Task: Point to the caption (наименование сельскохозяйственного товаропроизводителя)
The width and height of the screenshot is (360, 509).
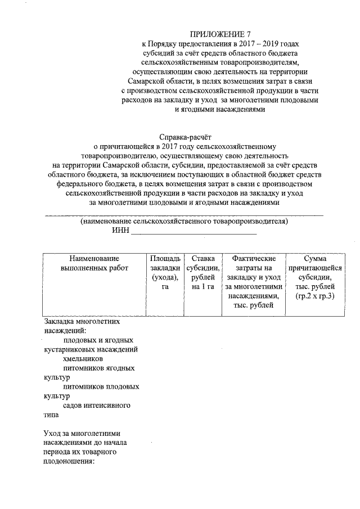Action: click(184, 222)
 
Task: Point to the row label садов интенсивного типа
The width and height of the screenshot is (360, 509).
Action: click(87, 410)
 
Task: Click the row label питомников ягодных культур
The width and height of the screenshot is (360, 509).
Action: click(90, 373)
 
